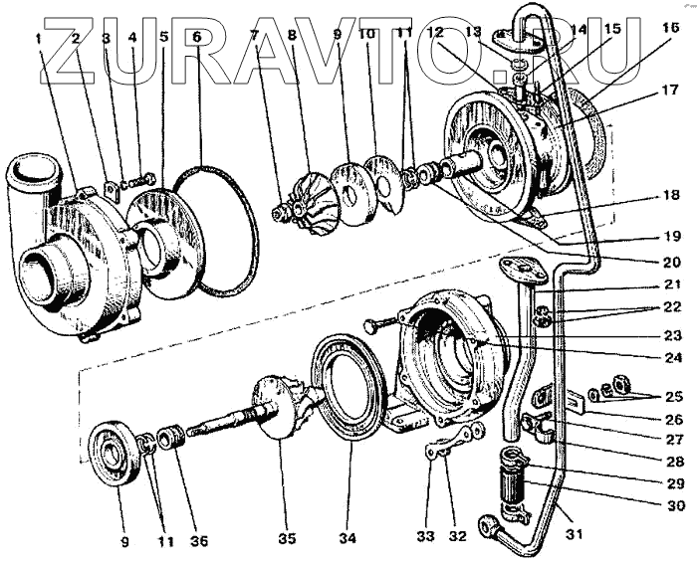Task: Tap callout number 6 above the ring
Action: click(196, 38)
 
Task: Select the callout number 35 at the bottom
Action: click(287, 540)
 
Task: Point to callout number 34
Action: click(346, 540)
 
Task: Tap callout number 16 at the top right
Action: click(657, 28)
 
